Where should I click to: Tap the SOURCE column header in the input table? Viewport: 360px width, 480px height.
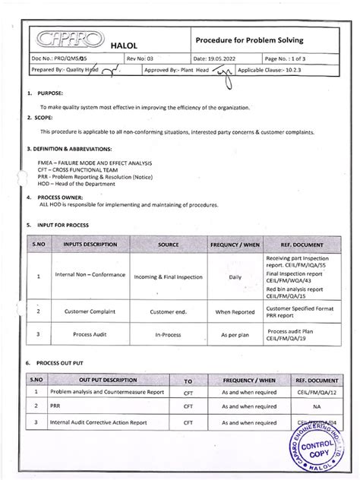(169, 245)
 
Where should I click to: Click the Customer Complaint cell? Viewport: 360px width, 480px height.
(84, 311)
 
